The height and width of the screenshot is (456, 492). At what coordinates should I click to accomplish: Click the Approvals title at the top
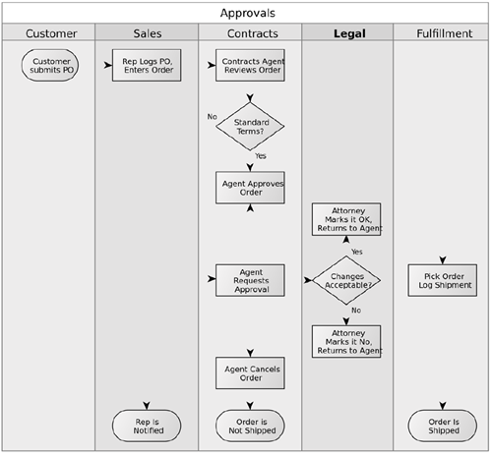[248, 13]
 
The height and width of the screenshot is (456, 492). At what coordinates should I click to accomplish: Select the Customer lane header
[51, 33]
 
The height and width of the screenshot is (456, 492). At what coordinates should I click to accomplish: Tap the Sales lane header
[148, 33]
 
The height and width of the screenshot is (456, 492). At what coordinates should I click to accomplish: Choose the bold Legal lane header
[349, 33]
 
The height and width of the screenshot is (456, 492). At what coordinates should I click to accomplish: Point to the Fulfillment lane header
[445, 33]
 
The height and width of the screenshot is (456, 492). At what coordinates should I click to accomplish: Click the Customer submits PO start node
[50, 65]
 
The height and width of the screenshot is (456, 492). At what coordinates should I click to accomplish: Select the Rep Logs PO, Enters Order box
[147, 65]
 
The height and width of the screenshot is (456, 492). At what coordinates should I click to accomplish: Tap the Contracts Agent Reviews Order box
[250, 65]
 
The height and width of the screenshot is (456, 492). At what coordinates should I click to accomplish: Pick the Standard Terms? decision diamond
[250, 127]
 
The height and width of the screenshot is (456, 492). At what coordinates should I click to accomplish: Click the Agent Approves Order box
[250, 188]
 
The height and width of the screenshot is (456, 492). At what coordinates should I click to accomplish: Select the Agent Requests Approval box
[250, 280]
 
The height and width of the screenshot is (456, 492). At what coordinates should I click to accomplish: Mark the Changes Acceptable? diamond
[346, 280]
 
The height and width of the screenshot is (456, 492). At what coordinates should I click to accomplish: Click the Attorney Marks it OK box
[346, 219]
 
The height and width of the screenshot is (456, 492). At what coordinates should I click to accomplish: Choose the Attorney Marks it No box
[346, 341]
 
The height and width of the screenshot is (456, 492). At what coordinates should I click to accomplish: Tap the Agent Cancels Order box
[250, 373]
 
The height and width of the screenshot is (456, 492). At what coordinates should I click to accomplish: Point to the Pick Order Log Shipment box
[443, 280]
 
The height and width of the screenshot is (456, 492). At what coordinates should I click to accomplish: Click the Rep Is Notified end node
[147, 426]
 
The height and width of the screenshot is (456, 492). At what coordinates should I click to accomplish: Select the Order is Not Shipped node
[250, 426]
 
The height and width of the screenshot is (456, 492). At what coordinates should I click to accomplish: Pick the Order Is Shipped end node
[443, 426]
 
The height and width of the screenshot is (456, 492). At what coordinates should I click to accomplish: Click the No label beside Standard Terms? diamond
[212, 117]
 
